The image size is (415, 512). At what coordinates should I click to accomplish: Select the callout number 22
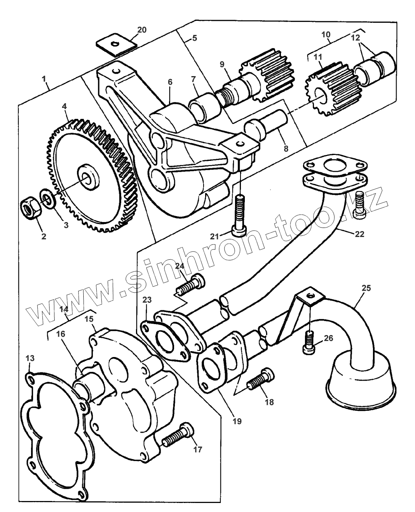pos(360,234)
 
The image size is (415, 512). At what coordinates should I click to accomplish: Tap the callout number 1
pos(45,78)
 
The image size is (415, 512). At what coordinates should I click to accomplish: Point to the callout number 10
pos(326,35)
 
